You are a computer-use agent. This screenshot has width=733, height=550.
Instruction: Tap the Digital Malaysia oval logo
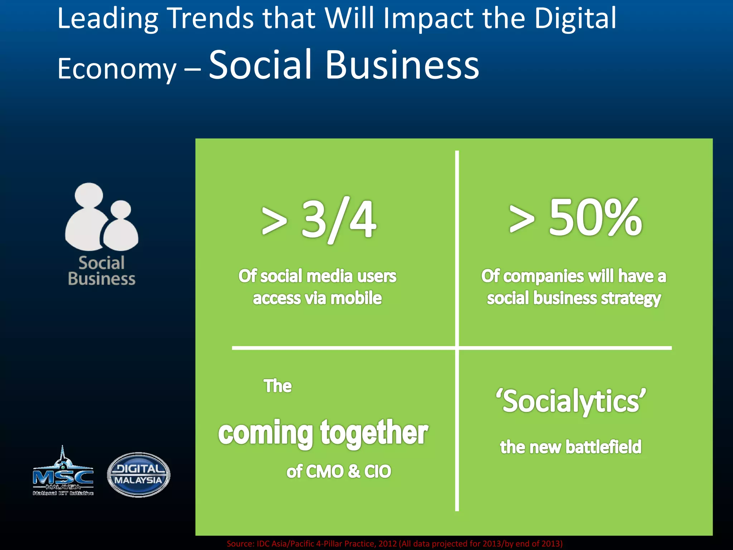click(139, 474)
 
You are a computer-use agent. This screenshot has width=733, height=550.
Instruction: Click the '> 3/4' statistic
click(319, 219)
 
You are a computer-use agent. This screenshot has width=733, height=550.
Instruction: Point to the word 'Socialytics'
click(571, 401)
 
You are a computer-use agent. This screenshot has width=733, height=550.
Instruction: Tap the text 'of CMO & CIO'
click(339, 471)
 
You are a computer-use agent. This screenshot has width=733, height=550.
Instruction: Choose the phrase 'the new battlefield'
click(571, 447)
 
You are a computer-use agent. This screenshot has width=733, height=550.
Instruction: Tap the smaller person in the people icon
click(121, 227)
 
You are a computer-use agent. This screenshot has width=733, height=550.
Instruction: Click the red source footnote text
click(394, 544)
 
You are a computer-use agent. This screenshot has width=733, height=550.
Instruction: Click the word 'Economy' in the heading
click(117, 69)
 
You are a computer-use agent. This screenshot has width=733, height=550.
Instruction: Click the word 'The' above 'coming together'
click(278, 386)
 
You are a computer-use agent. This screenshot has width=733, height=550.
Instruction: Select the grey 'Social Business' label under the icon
click(102, 271)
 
